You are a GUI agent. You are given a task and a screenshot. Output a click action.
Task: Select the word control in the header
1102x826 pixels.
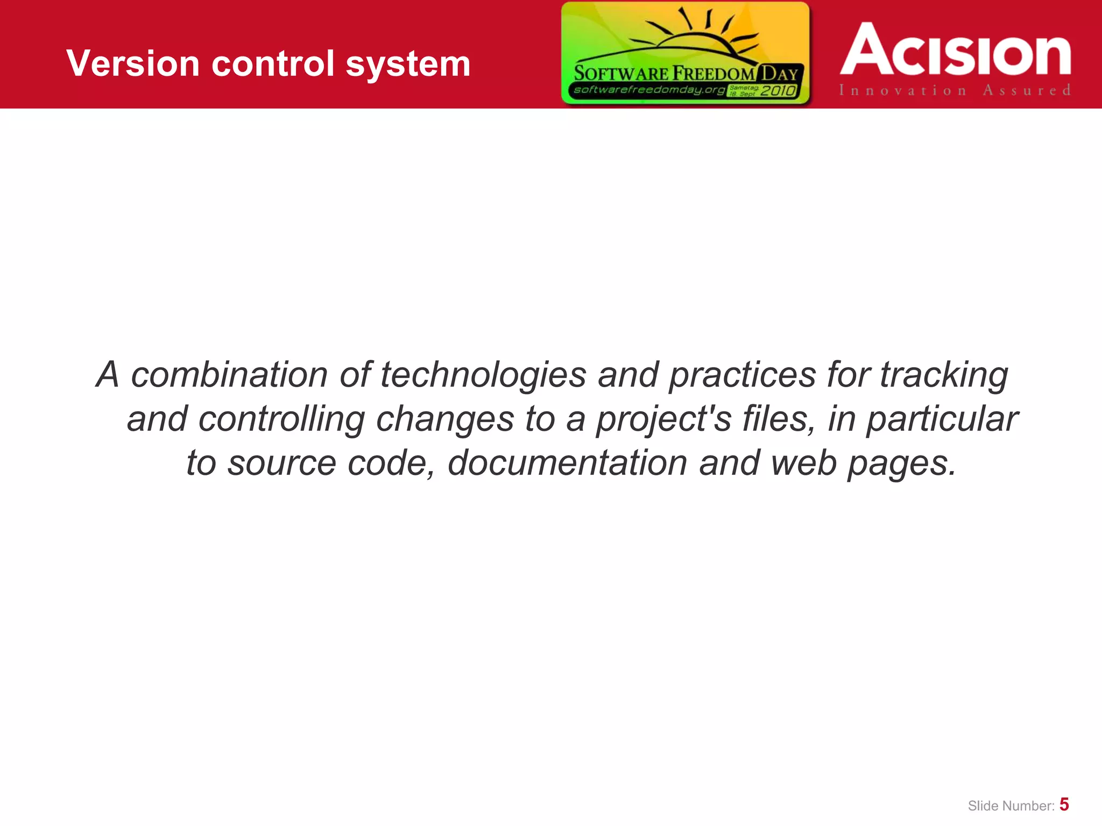coord(273,63)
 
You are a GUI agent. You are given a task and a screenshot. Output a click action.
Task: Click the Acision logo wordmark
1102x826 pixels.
coord(956,49)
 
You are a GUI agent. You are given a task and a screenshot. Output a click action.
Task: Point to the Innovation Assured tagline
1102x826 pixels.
coord(955,90)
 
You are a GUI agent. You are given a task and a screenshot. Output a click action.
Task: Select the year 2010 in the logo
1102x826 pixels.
coord(778,90)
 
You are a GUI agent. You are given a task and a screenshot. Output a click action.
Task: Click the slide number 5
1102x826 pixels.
coord(1064,804)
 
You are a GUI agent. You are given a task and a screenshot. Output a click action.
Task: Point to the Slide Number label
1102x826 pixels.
coord(1011,806)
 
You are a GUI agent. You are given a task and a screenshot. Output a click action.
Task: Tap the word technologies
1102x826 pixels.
coord(483,375)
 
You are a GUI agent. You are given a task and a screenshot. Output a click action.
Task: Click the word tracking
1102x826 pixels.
coord(944,375)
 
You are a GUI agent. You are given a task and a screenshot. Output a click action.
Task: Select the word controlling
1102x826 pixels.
coord(281,419)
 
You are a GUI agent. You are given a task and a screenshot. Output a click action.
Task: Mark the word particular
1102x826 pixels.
coord(942,419)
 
